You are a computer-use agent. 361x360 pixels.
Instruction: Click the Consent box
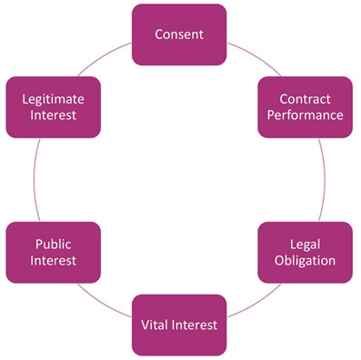click(x=179, y=35)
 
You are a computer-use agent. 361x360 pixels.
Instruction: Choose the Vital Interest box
click(x=179, y=324)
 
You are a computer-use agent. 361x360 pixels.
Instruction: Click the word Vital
click(x=157, y=324)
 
